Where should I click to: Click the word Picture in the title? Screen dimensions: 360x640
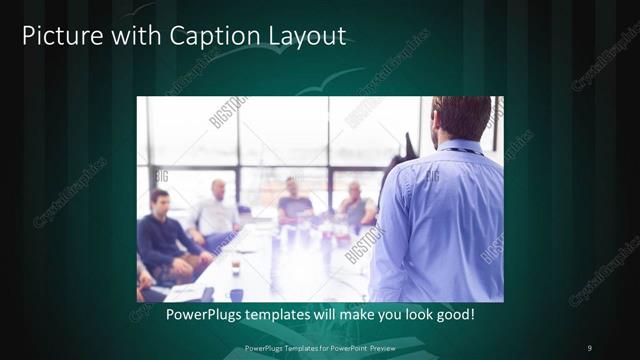pos(61,37)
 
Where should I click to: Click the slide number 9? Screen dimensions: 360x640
pos(589,347)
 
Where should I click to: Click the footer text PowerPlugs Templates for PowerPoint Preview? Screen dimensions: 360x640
pos(319,347)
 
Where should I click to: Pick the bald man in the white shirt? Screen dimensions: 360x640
pos(217,210)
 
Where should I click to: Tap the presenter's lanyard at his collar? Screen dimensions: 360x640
pos(461,151)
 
